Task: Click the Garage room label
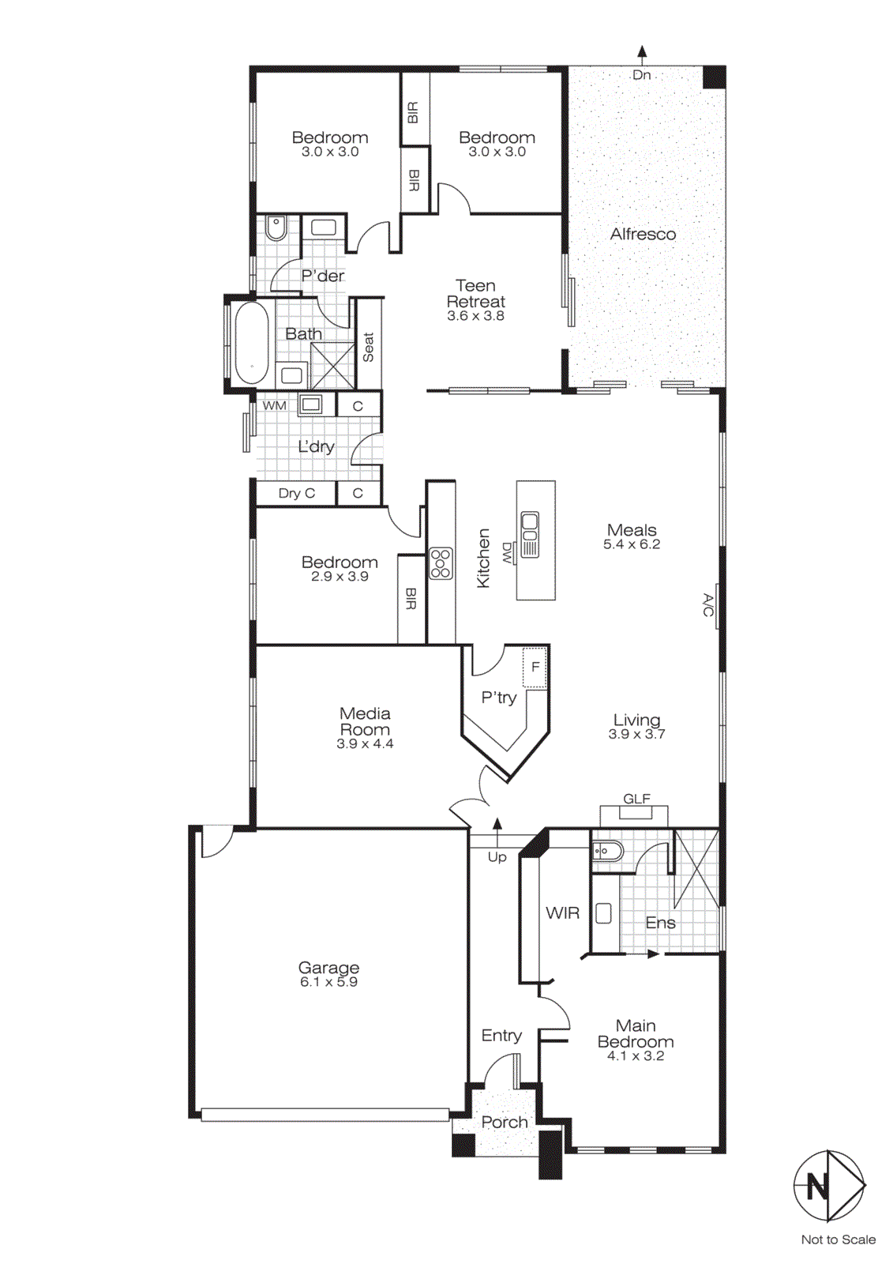pos(328,968)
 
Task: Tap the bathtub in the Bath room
pos(252,344)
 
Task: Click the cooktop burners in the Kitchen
pos(441,563)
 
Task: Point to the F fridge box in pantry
pos(535,668)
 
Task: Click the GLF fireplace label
pos(636,799)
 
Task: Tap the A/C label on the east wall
pos(708,606)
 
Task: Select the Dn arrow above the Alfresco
pos(642,53)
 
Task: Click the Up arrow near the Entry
pos(497,826)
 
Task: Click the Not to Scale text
pos(838,1240)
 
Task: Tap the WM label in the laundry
pos(274,405)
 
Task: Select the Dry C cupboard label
pos(296,493)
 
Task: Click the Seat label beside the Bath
pos(368,347)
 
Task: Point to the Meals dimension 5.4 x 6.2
pos(632,544)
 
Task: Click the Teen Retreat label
pos(475,293)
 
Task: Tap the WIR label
pos(562,912)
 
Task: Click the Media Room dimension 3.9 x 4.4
pos(365,743)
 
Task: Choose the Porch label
pos(505,1122)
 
